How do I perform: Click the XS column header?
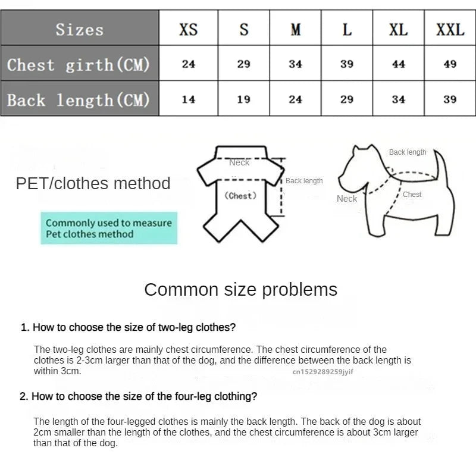pos(188,29)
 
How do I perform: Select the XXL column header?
pos(450,29)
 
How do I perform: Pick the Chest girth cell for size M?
pos(295,64)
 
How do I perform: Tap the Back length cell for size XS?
pos(188,99)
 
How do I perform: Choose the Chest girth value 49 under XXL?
pos(450,64)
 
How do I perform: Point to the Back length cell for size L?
pos(347,99)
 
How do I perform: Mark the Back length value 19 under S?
pos(243,99)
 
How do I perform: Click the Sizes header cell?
pos(80,29)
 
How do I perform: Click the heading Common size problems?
pos(240,290)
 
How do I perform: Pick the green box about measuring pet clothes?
pos(109,228)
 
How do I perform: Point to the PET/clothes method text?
pos(93,183)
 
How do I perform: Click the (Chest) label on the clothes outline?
pos(240,196)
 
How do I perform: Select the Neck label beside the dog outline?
pos(346,199)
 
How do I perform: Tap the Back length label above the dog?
pos(408,152)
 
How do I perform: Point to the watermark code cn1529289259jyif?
pos(322,371)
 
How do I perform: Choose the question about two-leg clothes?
pos(128,327)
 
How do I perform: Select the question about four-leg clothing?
pos(138,396)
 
